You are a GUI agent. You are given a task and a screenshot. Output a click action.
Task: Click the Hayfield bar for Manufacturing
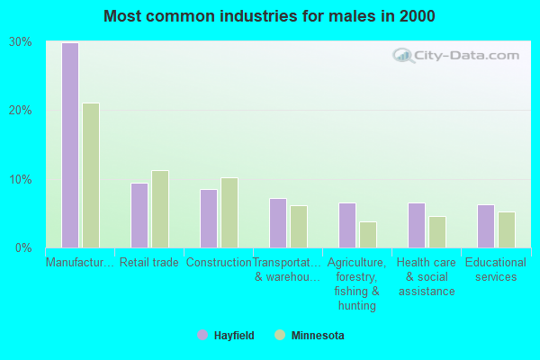pyautogui.click(x=70, y=145)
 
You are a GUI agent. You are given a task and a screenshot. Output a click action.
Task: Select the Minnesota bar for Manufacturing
pyautogui.click(x=91, y=175)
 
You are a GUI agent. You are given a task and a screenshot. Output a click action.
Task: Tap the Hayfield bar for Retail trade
pyautogui.click(x=139, y=215)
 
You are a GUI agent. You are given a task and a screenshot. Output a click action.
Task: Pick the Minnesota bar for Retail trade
pyautogui.click(x=160, y=209)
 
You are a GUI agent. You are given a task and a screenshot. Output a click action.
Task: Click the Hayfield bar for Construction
pyautogui.click(x=209, y=218)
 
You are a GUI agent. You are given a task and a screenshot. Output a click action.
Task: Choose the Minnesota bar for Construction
pyautogui.click(x=229, y=212)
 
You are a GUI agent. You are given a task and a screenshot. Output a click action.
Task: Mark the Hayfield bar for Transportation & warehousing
pyautogui.click(x=278, y=222)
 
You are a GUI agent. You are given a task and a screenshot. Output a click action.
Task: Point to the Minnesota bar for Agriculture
pyautogui.click(x=368, y=234)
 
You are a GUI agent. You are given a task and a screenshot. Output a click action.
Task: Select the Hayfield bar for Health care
pyautogui.click(x=417, y=225)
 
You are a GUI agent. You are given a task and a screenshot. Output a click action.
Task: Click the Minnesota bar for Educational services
pyautogui.click(x=507, y=229)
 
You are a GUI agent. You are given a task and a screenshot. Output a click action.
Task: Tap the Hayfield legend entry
pyautogui.click(x=226, y=336)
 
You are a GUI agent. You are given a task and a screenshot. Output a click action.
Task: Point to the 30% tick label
pyautogui.click(x=21, y=42)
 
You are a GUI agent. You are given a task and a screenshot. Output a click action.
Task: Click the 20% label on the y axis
pyautogui.click(x=21, y=111)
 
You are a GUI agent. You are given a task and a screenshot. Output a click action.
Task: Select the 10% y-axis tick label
pyautogui.click(x=21, y=179)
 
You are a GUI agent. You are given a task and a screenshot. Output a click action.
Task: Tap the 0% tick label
pyautogui.click(x=24, y=247)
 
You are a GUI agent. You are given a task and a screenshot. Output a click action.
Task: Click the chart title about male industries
pyautogui.click(x=269, y=16)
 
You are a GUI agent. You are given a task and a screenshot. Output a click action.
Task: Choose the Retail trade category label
pyautogui.click(x=149, y=263)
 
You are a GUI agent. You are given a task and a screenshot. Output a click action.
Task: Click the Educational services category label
pyautogui.click(x=496, y=270)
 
